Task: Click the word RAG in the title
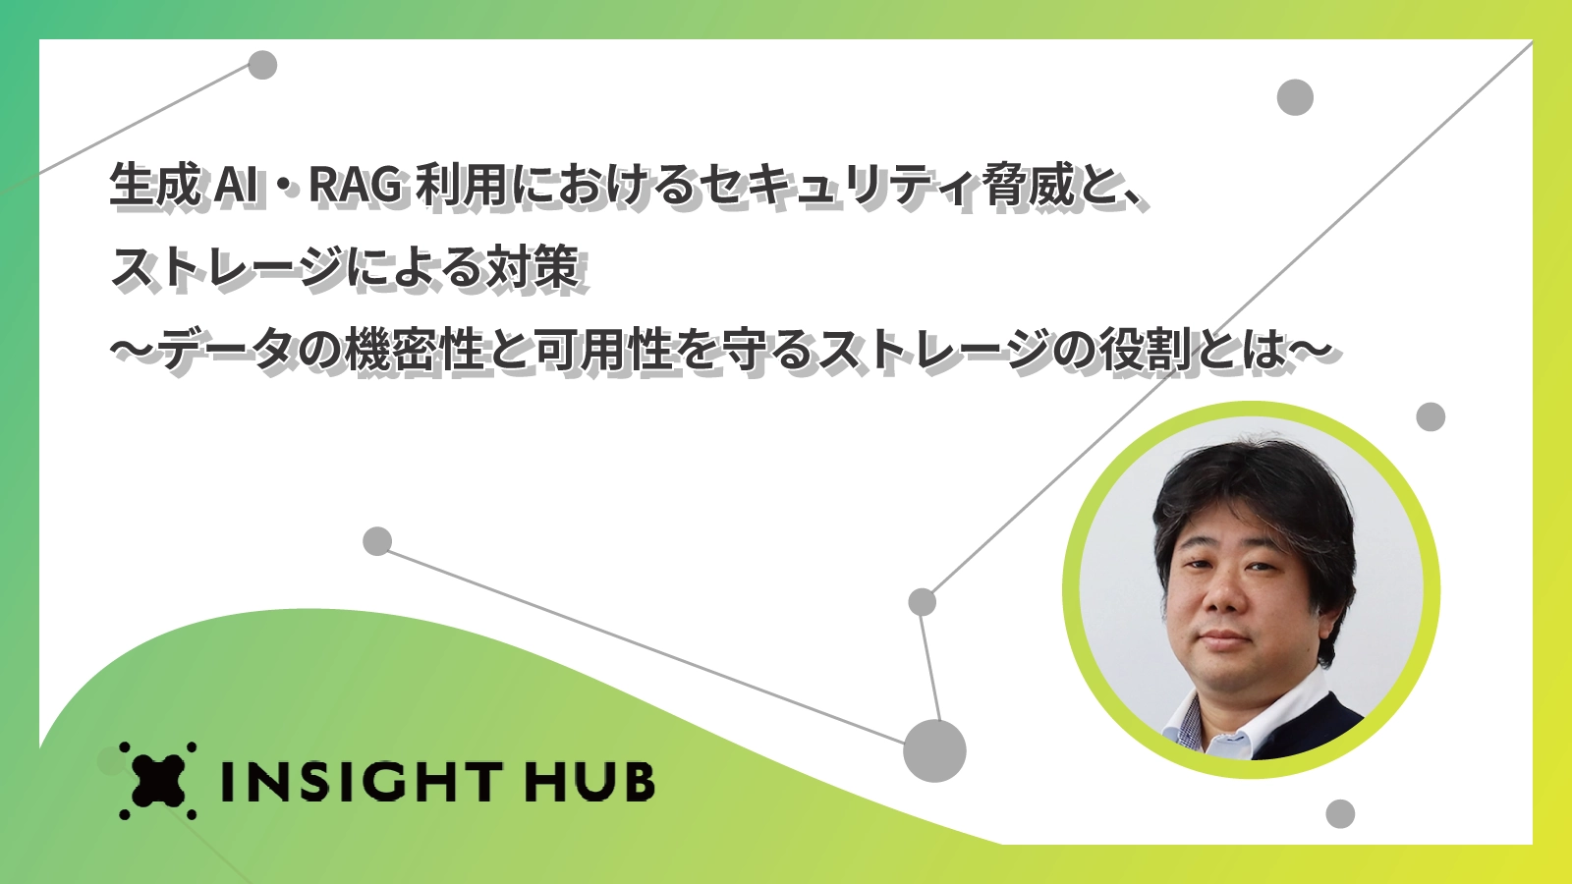pos(355,186)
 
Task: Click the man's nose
pos(1224,596)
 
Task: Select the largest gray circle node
pos(934,750)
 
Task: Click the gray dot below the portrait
pos(1340,814)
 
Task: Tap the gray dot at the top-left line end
pos(262,65)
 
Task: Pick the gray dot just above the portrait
pos(1431,416)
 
